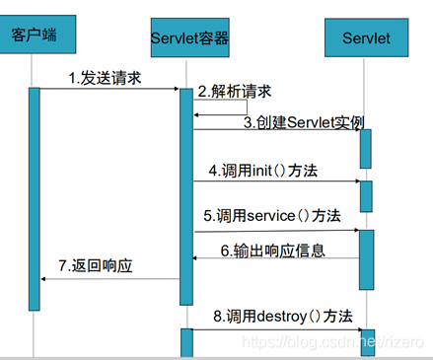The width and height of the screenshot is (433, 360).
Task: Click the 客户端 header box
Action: click(x=37, y=35)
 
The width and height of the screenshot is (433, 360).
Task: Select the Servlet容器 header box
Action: click(x=190, y=37)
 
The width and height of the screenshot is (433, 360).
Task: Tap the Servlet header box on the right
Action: click(x=367, y=37)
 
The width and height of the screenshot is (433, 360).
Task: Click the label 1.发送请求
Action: click(x=105, y=78)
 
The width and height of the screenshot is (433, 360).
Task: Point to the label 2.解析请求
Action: click(x=235, y=92)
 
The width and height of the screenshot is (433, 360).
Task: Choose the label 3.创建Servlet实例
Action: click(x=304, y=122)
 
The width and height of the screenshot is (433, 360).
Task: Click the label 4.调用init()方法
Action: click(x=263, y=171)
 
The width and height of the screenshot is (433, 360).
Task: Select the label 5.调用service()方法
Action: click(x=272, y=216)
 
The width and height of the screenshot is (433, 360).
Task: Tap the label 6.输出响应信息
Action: click(x=273, y=251)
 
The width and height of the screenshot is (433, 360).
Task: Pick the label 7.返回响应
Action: click(x=96, y=265)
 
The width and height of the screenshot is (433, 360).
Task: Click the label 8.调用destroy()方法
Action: click(x=283, y=317)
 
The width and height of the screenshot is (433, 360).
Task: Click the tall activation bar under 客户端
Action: click(x=35, y=199)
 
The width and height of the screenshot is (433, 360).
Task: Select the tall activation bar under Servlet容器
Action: click(x=186, y=196)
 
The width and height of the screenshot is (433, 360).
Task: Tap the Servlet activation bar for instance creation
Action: click(x=366, y=149)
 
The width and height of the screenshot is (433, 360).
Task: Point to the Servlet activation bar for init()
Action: click(x=366, y=196)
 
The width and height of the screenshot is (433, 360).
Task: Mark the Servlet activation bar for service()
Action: click(x=366, y=259)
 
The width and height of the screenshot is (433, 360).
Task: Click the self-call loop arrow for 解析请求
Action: click(x=247, y=108)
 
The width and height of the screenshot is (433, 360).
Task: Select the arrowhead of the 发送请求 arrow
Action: click(x=177, y=89)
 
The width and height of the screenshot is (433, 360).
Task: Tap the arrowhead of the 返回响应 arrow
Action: click(x=43, y=279)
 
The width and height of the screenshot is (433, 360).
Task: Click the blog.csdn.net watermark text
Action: click(x=332, y=342)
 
